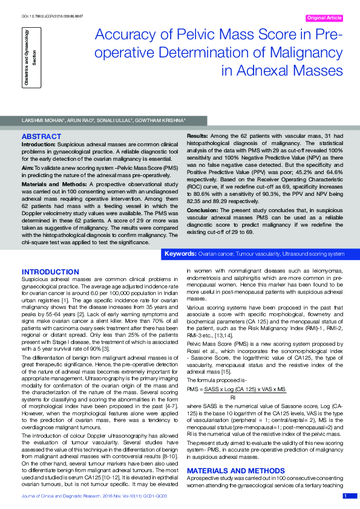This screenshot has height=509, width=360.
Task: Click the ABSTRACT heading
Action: pos(41,137)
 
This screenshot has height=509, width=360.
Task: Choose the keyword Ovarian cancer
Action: pos(215,253)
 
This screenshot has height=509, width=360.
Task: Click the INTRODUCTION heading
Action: pos(50,272)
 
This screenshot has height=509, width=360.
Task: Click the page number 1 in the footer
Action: pos(345,496)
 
